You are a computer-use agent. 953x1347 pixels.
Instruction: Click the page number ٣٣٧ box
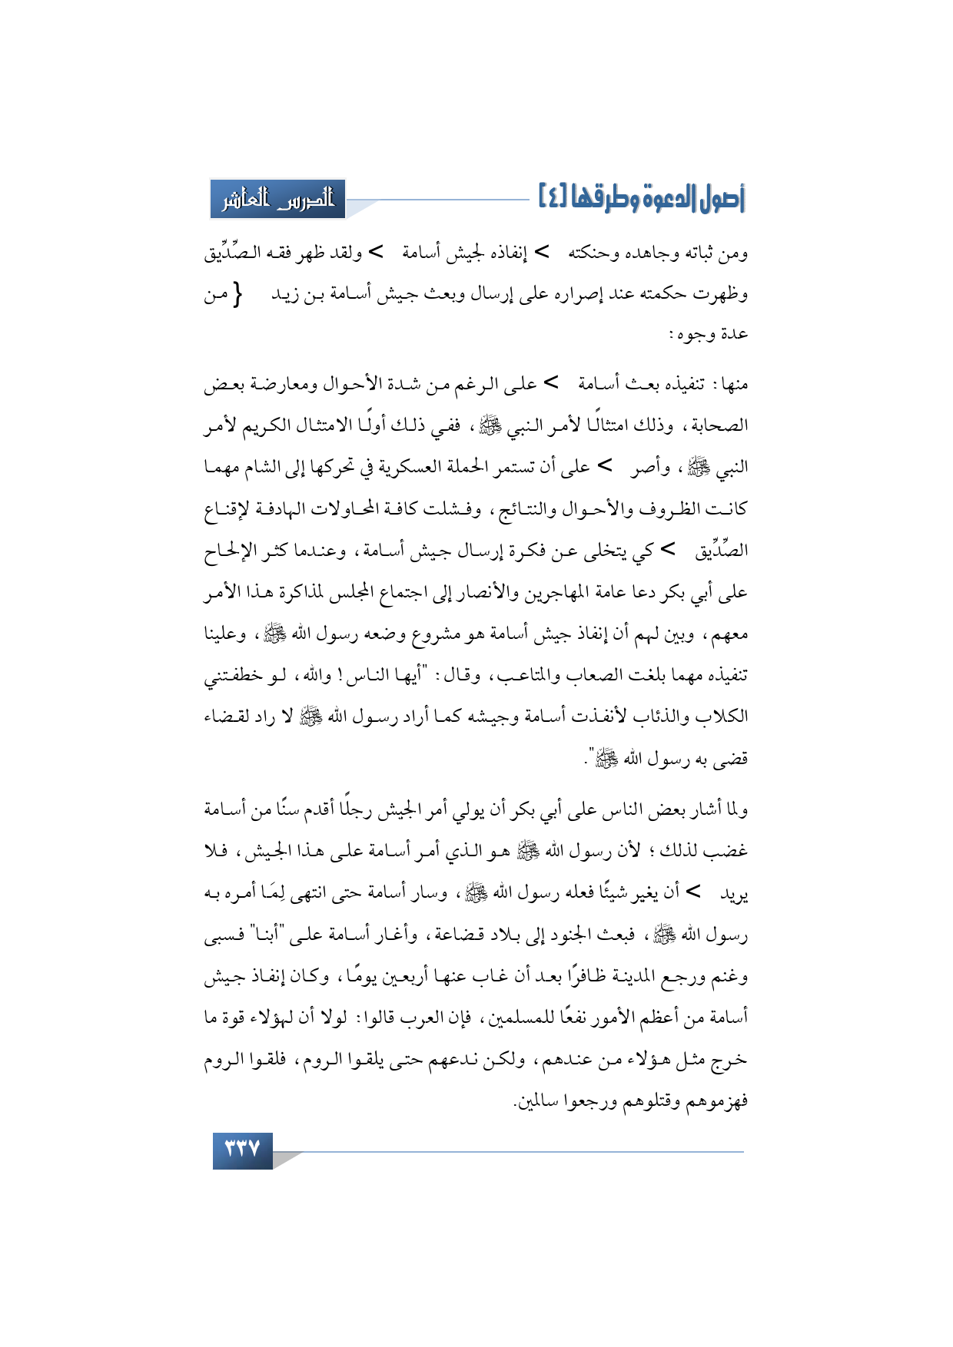click(242, 1150)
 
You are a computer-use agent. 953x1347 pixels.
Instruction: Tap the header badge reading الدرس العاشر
click(277, 200)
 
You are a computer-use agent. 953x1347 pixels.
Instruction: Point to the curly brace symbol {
click(237, 294)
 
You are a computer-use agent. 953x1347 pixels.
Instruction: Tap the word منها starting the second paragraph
click(732, 384)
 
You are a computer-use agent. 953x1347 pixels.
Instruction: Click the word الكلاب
click(723, 717)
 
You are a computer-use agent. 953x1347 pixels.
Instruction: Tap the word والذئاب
click(662, 717)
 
